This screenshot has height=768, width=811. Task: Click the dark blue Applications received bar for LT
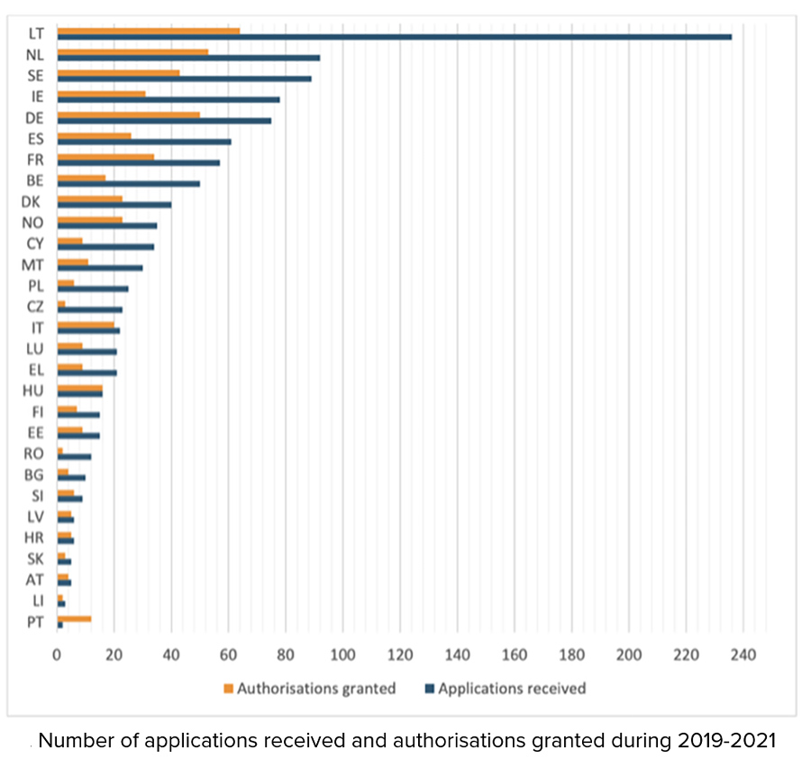pos(394,37)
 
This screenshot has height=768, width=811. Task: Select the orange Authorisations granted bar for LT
pos(148,31)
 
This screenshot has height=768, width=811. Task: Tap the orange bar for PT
pos(74,618)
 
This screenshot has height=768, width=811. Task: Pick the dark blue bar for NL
pos(187,58)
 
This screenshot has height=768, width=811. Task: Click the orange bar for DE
pos(128,114)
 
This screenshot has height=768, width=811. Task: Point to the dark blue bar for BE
pos(128,184)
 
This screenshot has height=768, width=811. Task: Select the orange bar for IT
pos(86,325)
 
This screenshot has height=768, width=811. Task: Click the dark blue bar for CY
pos(105,246)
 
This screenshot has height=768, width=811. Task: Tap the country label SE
pos(36,75)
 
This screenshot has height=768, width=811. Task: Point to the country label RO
pos(34,453)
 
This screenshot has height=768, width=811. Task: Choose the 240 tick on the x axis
pos(743,654)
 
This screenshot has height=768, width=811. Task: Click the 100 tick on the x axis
pos(343,654)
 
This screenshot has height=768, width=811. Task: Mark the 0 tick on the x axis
pos(58,654)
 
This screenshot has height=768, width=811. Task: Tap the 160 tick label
pos(515,654)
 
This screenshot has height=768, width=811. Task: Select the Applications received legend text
pos(511,689)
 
